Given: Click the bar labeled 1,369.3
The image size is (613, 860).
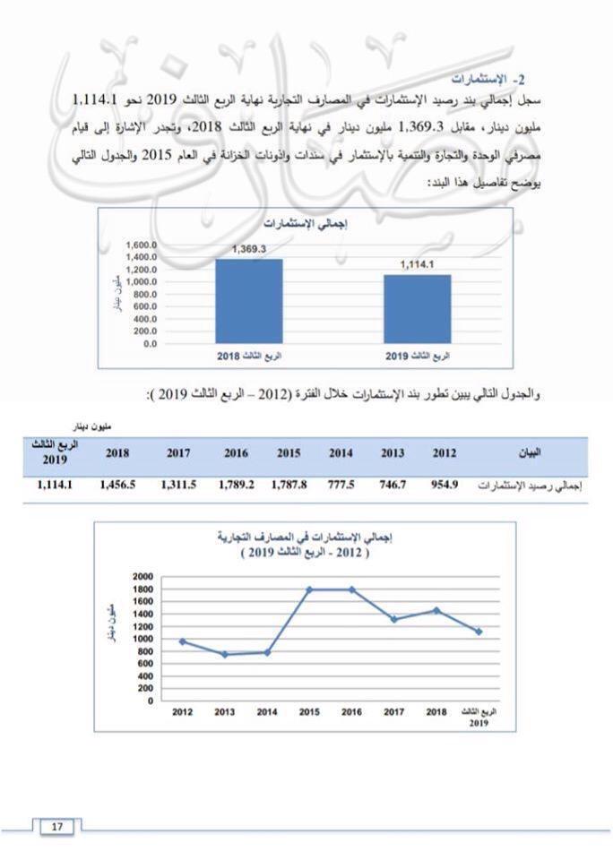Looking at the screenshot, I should [248, 300].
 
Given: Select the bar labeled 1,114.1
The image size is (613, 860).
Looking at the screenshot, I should [418, 308].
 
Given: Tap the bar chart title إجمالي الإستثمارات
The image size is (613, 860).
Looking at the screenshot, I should [305, 223].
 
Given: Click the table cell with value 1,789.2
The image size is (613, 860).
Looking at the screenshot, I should [237, 485].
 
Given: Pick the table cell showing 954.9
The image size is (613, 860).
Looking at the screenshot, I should [445, 485].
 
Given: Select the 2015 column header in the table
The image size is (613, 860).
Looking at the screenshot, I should [289, 453].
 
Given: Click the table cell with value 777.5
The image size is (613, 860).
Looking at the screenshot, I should [341, 485].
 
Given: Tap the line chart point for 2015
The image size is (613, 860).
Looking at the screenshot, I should [309, 589].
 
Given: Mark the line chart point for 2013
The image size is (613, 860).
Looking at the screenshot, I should [225, 654].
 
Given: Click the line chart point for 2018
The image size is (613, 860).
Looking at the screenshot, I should [436, 610].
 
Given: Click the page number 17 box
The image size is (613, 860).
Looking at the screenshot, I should [56, 827].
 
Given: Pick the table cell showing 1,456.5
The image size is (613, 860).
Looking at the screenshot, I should [117, 485].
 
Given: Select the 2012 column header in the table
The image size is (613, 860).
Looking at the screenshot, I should [445, 453].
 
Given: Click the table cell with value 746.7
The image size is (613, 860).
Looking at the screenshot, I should [393, 485].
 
